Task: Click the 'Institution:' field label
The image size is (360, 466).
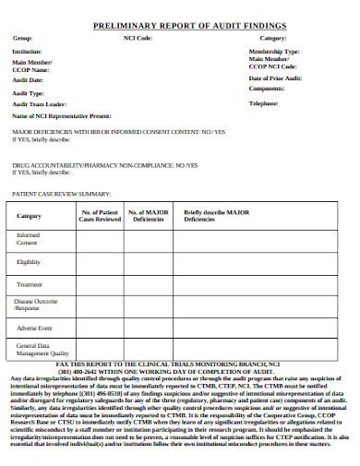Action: click(x=26, y=53)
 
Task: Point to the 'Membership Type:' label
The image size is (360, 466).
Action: click(x=273, y=53)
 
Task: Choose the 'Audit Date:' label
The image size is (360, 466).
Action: click(x=26, y=80)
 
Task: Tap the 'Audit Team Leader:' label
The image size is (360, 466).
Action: click(x=38, y=104)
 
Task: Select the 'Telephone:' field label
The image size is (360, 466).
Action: click(x=265, y=104)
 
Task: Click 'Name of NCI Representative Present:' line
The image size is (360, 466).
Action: click(x=61, y=117)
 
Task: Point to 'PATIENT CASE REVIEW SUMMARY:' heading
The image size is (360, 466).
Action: click(x=60, y=195)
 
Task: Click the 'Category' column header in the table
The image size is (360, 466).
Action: click(x=30, y=216)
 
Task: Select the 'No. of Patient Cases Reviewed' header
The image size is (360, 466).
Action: click(x=99, y=215)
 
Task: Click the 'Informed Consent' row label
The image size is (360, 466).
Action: click(x=29, y=238)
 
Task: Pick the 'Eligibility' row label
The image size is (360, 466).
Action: click(x=30, y=261)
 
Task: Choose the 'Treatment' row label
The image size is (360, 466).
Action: click(x=30, y=284)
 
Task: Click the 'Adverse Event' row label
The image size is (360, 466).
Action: click(x=32, y=327)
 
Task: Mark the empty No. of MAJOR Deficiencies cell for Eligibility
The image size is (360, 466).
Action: click(x=148, y=261)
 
